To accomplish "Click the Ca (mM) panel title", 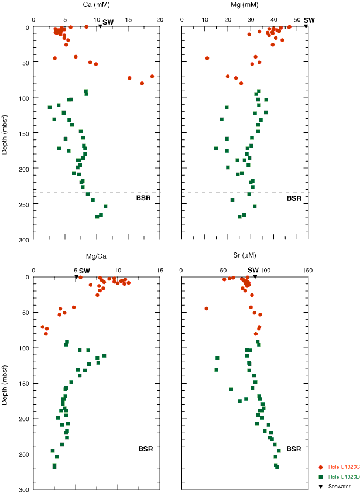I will (x=95, y=5).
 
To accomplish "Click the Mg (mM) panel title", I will (x=243, y=5).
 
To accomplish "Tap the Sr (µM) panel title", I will (x=243, y=255).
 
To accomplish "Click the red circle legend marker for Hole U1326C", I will (x=321, y=468).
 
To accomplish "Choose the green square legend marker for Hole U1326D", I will (x=321, y=476).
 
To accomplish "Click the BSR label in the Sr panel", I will (x=294, y=449).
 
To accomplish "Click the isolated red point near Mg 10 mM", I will (x=207, y=58).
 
